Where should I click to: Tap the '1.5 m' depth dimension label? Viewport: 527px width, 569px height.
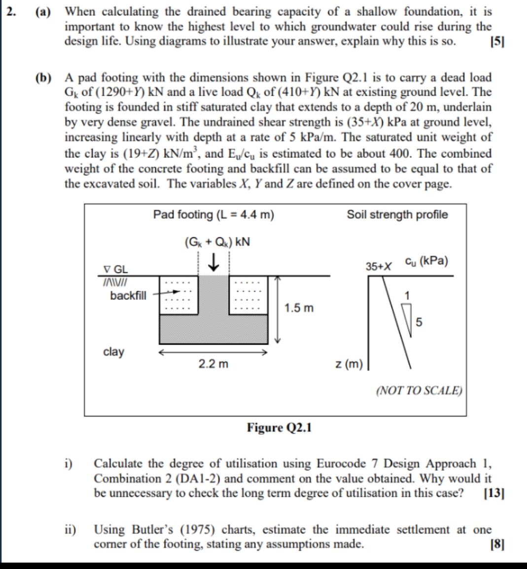coord(299,308)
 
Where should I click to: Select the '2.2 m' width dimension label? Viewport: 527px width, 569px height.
coord(213,364)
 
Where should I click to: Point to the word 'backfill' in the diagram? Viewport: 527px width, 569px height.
coord(128,296)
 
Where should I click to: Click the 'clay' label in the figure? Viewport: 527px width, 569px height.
coord(113,352)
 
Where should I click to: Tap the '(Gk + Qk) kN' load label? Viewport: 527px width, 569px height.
coord(217,242)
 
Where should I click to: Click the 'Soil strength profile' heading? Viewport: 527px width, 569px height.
coord(397,215)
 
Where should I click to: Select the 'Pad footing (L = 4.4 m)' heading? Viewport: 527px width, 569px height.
coord(213,215)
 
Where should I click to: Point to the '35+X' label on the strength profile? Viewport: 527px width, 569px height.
coord(379,266)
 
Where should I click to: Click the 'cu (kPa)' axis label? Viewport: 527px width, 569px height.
coord(426,261)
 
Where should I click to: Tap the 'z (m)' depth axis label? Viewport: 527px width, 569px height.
coord(349,364)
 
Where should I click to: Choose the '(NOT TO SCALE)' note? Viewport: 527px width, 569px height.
coord(419,390)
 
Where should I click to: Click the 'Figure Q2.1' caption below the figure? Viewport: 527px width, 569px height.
coord(279,427)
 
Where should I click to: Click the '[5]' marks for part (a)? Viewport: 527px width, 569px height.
coord(497,41)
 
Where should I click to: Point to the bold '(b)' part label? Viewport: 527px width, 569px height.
coord(43,77)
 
